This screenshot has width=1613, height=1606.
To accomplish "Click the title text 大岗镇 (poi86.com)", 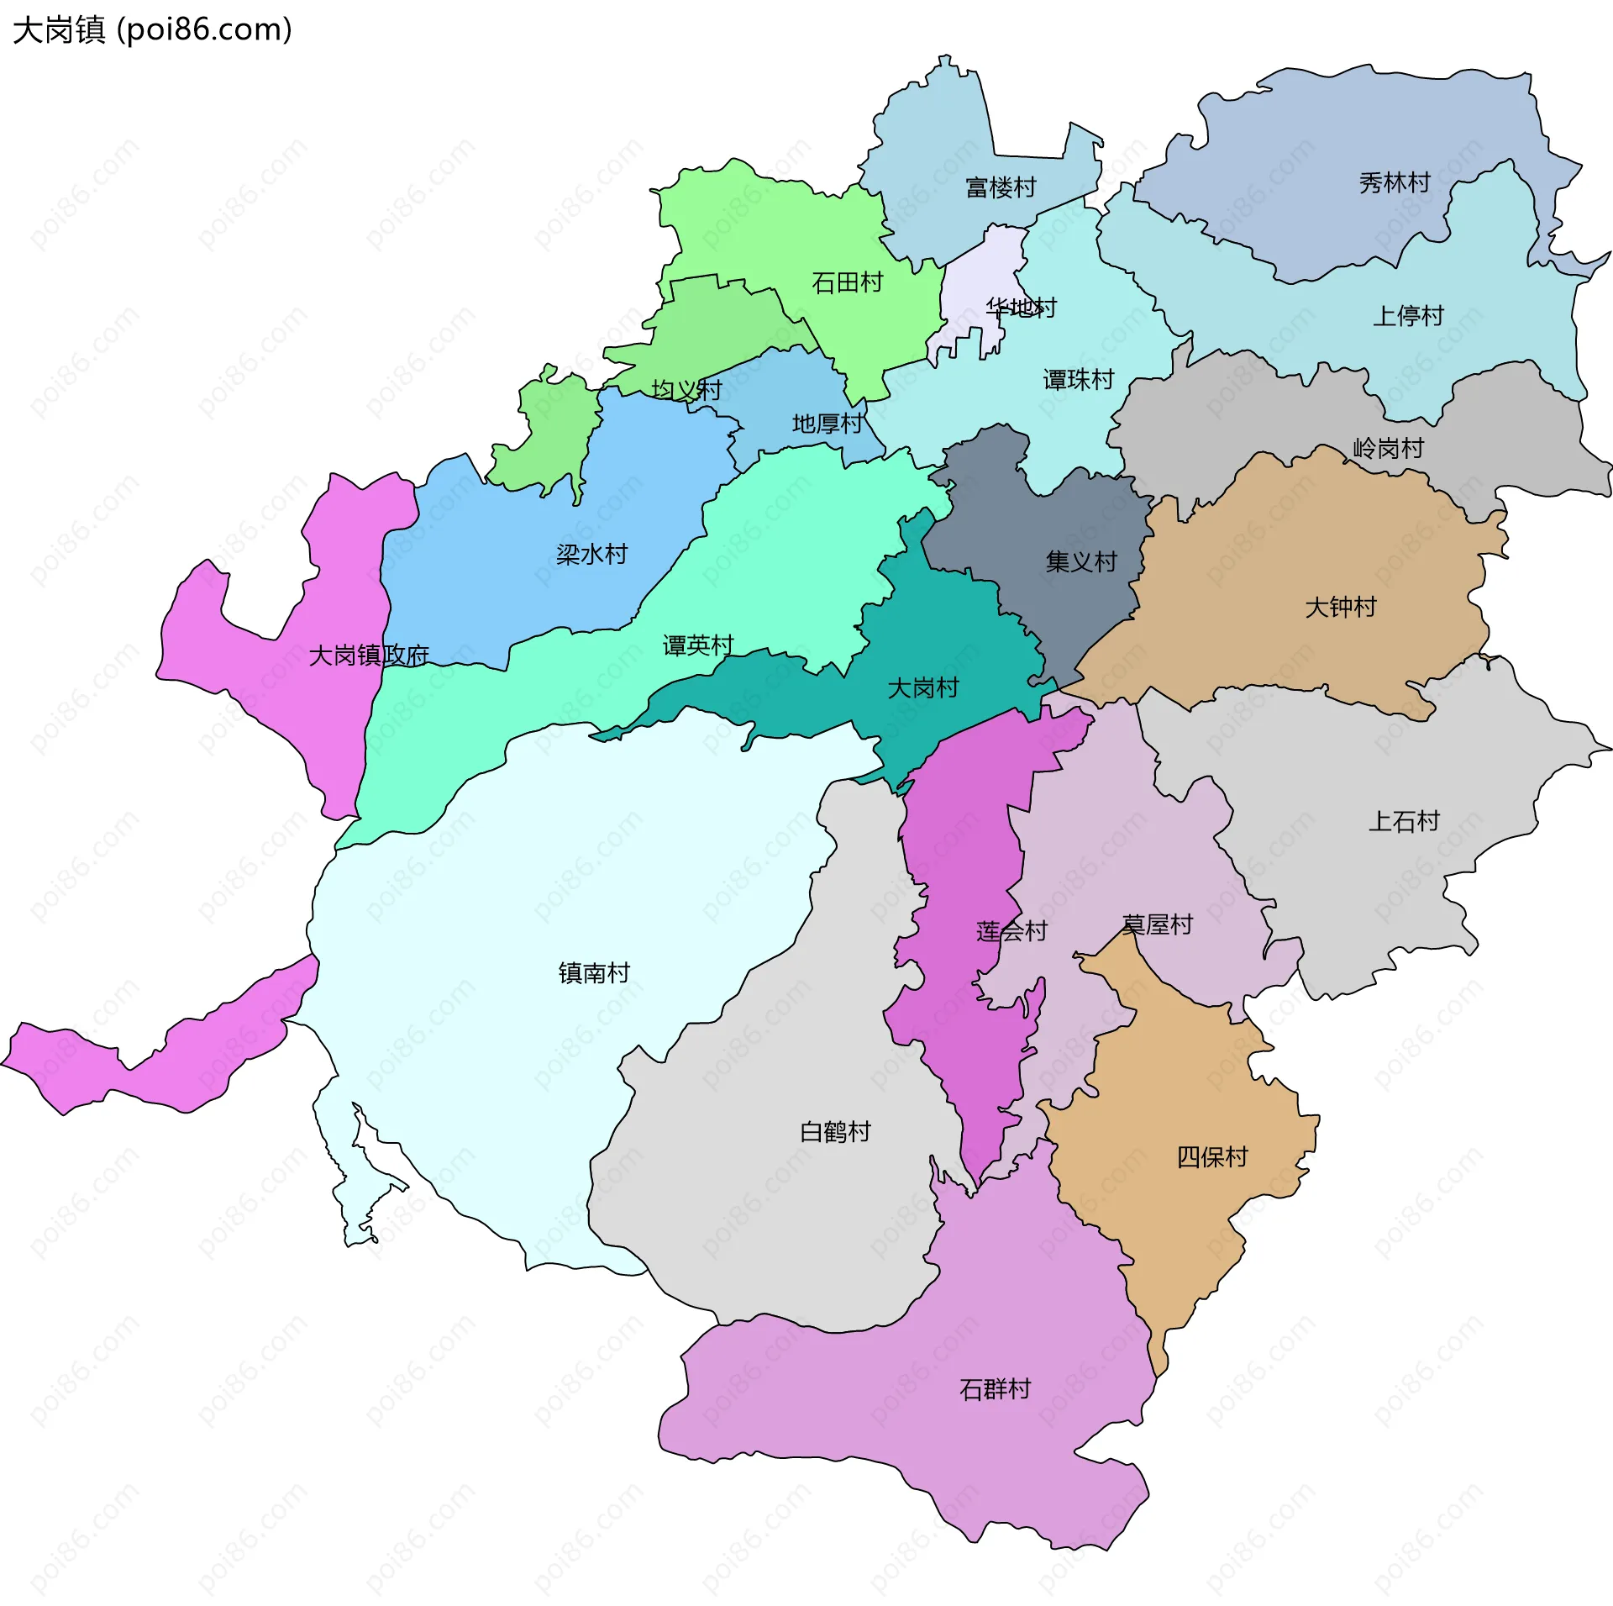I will (152, 30).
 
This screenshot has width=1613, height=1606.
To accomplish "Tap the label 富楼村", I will (1001, 187).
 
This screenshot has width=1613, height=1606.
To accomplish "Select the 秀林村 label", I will (1395, 182).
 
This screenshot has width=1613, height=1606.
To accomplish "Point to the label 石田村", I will (847, 282).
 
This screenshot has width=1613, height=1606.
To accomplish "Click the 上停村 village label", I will (1408, 316).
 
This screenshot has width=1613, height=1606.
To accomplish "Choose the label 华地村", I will (1021, 308).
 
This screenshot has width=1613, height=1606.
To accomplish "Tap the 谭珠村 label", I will (1078, 380).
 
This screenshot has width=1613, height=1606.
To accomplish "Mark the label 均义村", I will (686, 390).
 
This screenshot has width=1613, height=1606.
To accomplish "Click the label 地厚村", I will (828, 424).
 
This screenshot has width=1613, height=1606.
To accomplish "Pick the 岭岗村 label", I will (1388, 449).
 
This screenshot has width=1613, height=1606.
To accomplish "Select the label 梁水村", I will (591, 555).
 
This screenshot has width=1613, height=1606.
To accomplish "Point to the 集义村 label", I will (1081, 561).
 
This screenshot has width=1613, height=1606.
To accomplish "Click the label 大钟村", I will (1341, 607).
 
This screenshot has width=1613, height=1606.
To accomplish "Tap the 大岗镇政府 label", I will (369, 656).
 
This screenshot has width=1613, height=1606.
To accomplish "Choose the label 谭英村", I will (698, 645).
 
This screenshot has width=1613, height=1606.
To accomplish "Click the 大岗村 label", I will (923, 688).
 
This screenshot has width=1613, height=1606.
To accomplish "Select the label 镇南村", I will (594, 973).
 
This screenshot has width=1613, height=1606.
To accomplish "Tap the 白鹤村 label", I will (835, 1132).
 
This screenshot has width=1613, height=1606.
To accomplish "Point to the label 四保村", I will (1212, 1157).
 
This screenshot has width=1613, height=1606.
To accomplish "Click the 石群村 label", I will (995, 1389).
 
